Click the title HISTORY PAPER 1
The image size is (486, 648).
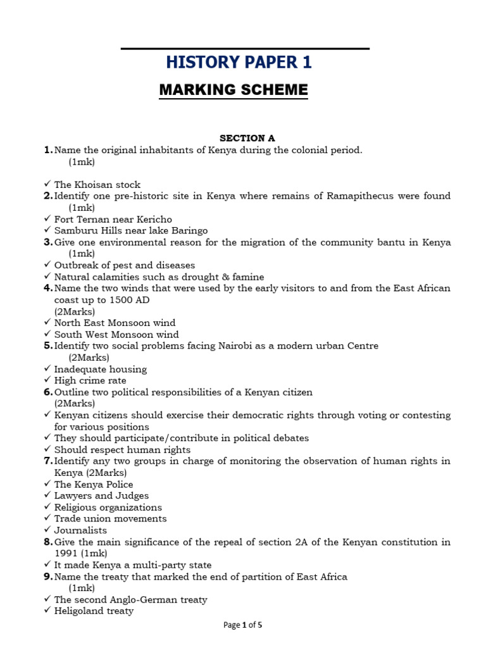point(239,62)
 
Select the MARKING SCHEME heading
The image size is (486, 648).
point(234,90)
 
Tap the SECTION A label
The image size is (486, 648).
point(247,138)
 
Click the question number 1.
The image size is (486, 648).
point(47,150)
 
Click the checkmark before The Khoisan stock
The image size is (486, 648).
point(47,185)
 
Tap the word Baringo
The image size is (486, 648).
point(189,231)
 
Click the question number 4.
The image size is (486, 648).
point(47,289)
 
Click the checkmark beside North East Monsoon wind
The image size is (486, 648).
point(47,323)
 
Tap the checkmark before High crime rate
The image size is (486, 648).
point(47,381)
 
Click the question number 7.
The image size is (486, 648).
point(47,461)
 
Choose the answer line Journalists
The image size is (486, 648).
point(80,530)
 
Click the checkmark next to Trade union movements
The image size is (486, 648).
point(47,519)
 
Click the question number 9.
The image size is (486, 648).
point(47,577)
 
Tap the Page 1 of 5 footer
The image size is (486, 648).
point(243,625)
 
